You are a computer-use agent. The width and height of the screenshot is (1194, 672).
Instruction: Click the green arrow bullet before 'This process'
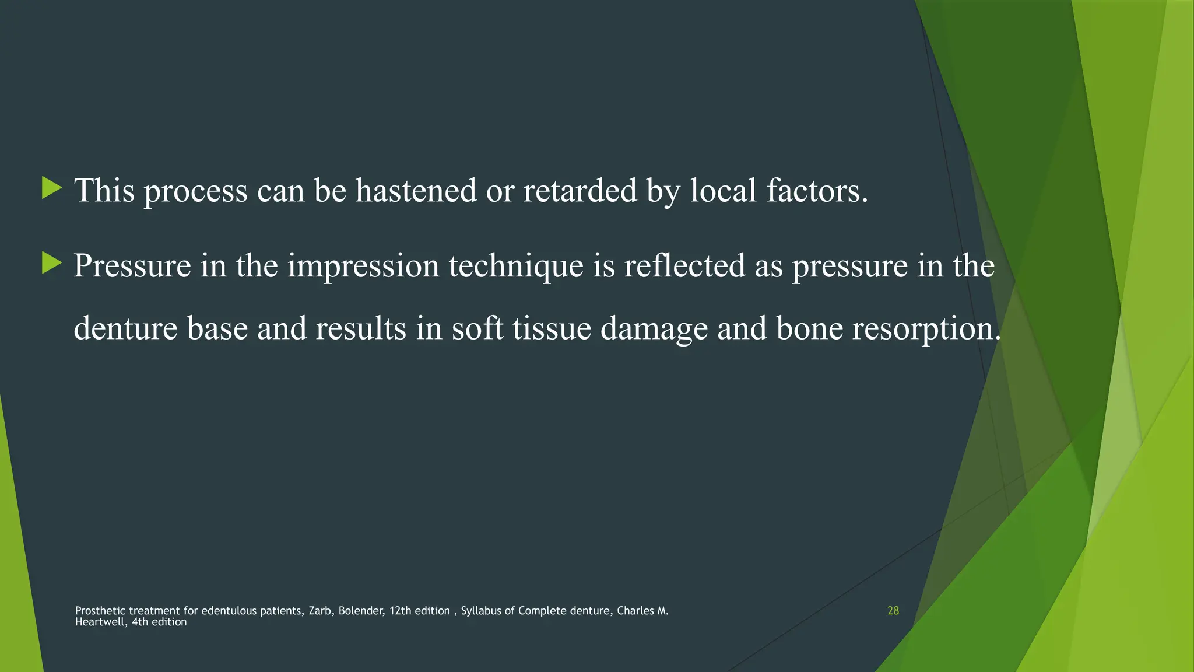52,189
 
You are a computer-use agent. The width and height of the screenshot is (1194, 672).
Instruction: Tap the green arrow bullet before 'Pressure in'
52,264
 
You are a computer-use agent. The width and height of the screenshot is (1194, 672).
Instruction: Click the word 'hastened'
416,190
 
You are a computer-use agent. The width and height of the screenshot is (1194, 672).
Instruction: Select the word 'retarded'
580,190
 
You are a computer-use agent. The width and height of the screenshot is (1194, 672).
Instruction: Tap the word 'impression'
363,266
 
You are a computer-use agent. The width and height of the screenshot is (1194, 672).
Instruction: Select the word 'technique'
516,266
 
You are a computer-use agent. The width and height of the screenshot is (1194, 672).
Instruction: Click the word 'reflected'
684,266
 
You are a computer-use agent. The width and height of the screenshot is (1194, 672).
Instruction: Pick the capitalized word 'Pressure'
132,266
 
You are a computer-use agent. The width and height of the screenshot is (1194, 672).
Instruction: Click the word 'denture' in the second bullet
125,328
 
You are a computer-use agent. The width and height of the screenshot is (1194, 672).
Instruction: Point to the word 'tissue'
552,328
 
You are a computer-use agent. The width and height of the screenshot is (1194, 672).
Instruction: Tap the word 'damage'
654,329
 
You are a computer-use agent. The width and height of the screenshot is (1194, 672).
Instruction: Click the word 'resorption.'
926,329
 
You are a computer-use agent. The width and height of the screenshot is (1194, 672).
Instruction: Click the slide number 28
893,611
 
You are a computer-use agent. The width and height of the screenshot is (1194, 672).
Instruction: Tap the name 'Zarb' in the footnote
319,611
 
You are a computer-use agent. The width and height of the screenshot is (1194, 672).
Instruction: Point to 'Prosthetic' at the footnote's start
100,611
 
